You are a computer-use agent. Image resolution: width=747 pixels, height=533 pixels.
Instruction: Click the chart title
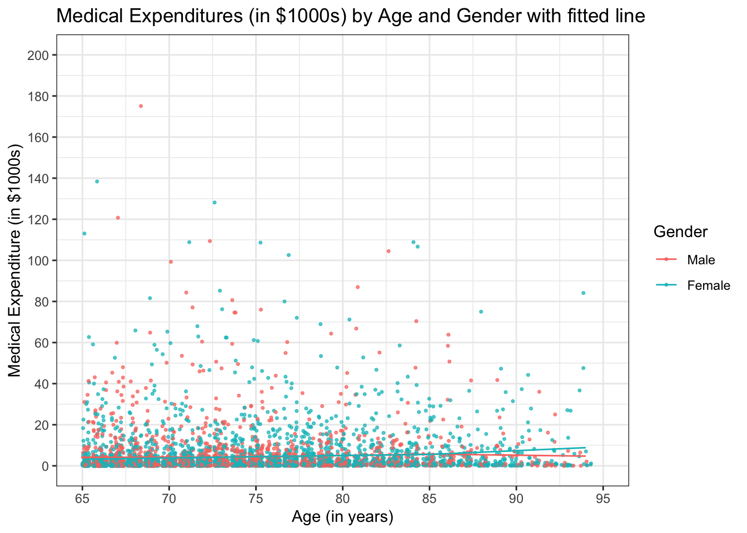[351, 16]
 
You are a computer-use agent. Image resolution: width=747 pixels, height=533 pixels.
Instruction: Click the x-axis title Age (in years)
[342, 517]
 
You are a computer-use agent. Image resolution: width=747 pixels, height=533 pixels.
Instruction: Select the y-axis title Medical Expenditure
[15, 261]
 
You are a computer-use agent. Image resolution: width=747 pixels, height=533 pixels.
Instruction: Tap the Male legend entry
[701, 260]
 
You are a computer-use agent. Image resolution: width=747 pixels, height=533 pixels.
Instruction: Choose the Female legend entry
[708, 285]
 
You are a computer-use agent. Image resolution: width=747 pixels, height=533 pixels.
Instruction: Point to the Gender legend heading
[680, 232]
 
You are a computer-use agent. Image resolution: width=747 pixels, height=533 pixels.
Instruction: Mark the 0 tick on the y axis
[46, 466]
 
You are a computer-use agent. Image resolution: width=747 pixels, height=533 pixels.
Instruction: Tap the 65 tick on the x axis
[82, 499]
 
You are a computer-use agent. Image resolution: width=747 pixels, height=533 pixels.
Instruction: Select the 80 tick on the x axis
[343, 499]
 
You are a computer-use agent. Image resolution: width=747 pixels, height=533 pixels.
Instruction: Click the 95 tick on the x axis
[603, 499]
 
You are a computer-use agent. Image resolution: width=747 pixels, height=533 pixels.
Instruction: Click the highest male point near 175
[141, 106]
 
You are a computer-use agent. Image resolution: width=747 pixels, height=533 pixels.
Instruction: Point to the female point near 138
[97, 182]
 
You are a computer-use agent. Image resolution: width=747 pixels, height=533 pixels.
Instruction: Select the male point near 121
[118, 218]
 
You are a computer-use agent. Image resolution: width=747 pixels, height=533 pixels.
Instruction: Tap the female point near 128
[215, 203]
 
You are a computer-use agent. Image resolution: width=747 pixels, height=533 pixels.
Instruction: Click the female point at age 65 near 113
[84, 233]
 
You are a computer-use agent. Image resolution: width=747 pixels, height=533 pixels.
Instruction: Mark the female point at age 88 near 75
[481, 311]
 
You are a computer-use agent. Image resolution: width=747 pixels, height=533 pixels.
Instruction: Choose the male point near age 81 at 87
[358, 287]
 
